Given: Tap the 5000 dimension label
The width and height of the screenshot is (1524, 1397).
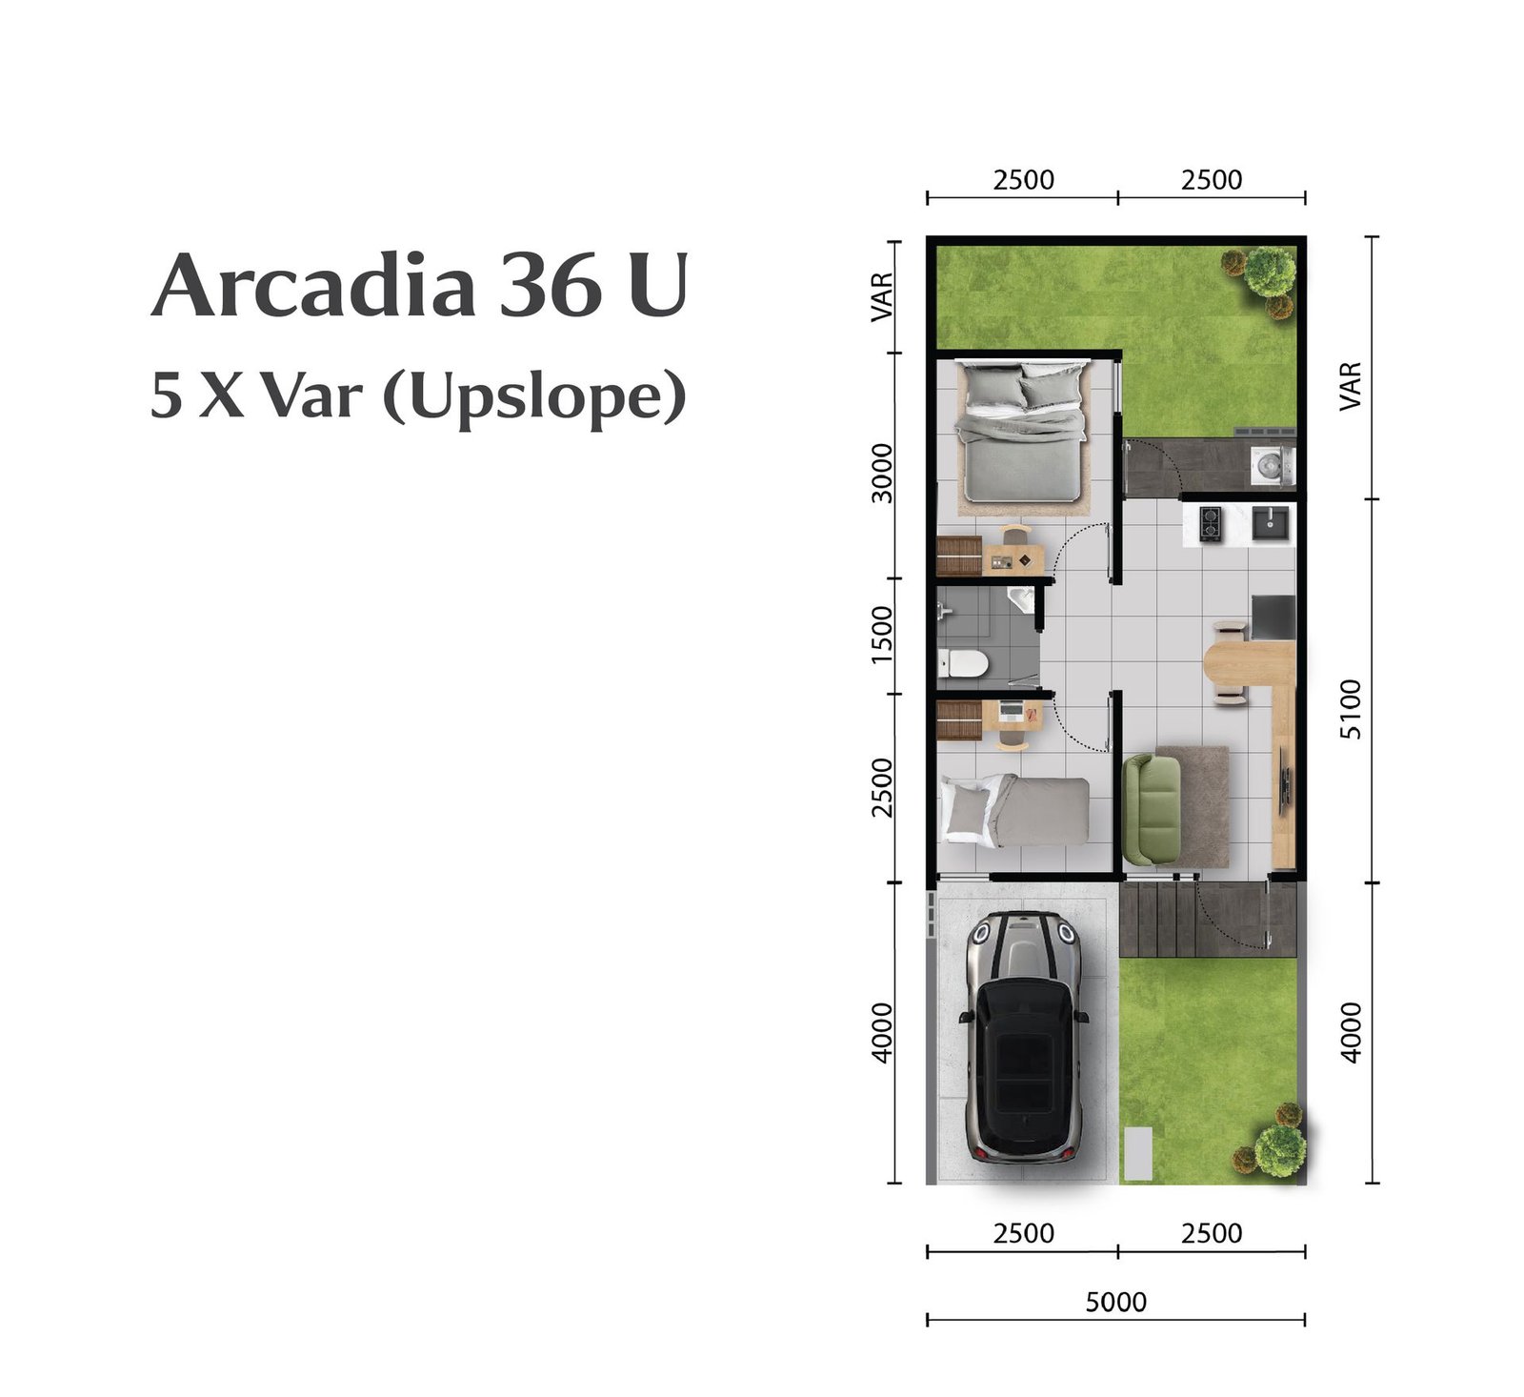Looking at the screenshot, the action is coord(1115,1302).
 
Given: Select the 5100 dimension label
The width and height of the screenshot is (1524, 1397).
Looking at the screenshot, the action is coord(1350,708).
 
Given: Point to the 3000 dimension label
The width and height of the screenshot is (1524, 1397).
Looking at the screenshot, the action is coord(882,473).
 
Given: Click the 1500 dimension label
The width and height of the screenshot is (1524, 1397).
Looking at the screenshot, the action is coord(882,635).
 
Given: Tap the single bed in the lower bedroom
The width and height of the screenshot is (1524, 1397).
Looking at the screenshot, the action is coord(1014,809).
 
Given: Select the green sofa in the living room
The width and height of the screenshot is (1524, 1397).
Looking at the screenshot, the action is coord(1152,809).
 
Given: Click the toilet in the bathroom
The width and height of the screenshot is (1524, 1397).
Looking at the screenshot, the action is coord(963,663).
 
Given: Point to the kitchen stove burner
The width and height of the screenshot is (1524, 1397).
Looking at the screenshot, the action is coord(1210,523).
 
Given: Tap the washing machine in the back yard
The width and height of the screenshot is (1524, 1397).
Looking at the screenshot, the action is coord(1272,465).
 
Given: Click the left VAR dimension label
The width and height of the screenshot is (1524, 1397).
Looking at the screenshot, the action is coord(882,296).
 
